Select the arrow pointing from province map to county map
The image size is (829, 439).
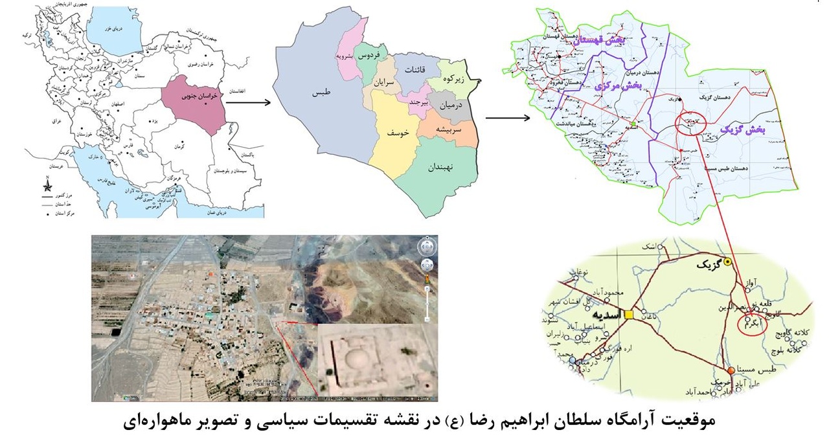pos(506,118)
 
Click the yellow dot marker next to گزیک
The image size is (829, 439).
pos(727,262)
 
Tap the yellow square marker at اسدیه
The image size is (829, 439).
pos(629,315)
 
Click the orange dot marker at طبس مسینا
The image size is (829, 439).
pos(731,370)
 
